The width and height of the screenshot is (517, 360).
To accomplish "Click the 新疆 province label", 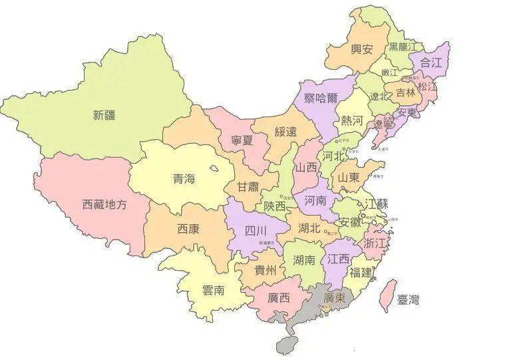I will tap(105, 114).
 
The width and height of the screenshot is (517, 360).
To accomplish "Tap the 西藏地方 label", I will tap(104, 204).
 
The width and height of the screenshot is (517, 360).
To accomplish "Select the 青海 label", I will tap(184, 178).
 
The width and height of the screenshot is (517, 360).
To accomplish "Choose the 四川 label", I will tap(256, 231).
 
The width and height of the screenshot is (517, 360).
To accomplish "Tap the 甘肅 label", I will tap(247, 186).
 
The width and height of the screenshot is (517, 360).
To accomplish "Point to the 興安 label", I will tap(362, 49).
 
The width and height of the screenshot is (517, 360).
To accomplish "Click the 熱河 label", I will tap(353, 120).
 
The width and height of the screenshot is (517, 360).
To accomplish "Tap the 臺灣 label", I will tap(407, 300).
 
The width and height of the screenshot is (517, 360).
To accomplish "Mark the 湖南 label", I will tap(304, 260).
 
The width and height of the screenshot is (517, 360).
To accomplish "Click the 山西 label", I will tap(307, 168).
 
